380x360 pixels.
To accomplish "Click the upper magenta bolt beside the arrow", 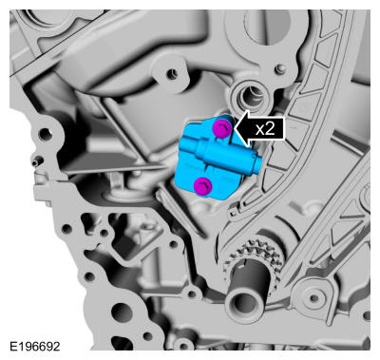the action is (222, 128).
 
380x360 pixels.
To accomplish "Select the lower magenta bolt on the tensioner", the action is (203, 185).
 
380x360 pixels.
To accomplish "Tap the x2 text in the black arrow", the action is (265, 128).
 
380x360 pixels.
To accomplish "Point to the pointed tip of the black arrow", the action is (234, 128).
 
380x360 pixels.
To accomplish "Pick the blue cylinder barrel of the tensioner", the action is (225, 156).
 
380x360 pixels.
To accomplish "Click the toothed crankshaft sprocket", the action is (254, 256).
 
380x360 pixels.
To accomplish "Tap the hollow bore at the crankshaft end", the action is (244, 303).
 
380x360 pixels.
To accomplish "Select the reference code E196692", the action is (35, 346).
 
